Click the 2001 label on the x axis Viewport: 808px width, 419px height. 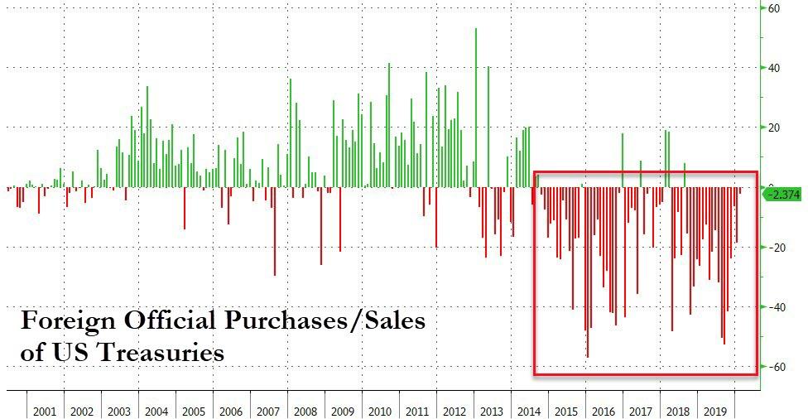[45, 412]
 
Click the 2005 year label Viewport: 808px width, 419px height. [194, 412]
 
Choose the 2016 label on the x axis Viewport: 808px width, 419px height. [604, 412]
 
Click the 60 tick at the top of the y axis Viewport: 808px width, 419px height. [774, 8]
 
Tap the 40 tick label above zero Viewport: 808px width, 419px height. [774, 68]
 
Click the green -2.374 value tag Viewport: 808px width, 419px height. [782, 195]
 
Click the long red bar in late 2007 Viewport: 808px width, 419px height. [275, 232]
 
